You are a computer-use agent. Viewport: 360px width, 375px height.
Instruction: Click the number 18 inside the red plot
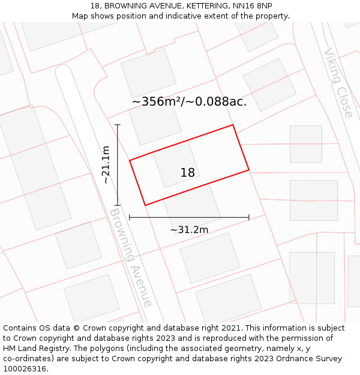coord(187,173)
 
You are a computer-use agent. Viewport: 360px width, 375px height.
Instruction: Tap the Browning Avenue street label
coord(130,258)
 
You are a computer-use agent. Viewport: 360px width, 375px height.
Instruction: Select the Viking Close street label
coord(338,83)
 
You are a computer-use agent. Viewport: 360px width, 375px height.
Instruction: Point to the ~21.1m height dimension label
coord(106,164)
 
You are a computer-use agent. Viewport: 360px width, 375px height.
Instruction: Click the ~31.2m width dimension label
coord(189,230)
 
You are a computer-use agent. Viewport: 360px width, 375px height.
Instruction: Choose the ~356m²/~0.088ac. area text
coord(189,101)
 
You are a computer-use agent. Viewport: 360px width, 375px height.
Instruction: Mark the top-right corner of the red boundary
coord(232,125)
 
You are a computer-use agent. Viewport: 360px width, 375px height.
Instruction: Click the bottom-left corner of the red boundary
coord(145,205)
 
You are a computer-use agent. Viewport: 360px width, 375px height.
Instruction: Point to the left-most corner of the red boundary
coord(130,160)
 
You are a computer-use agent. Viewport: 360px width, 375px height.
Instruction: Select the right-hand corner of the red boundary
coord(249,170)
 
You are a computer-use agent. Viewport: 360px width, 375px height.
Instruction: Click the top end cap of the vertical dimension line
coord(118,125)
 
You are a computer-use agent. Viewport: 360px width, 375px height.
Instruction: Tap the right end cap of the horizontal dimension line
coord(249,217)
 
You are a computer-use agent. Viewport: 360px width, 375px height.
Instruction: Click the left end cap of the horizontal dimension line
coord(130,217)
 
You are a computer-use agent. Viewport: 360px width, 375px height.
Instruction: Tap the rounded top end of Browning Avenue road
coord(64,71)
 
